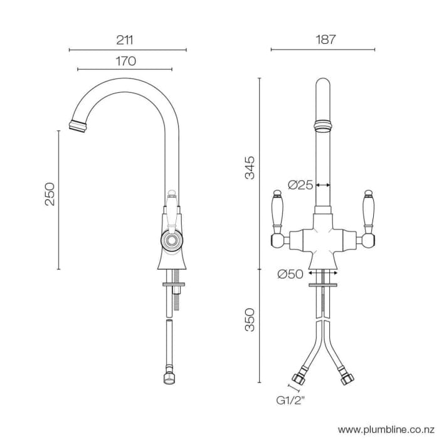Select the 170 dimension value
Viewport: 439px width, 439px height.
click(125, 61)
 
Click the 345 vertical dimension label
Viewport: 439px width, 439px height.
click(250, 167)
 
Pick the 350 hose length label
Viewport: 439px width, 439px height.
click(250, 320)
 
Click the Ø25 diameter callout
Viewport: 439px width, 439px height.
click(300, 184)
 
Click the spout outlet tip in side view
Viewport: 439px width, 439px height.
click(78, 124)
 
